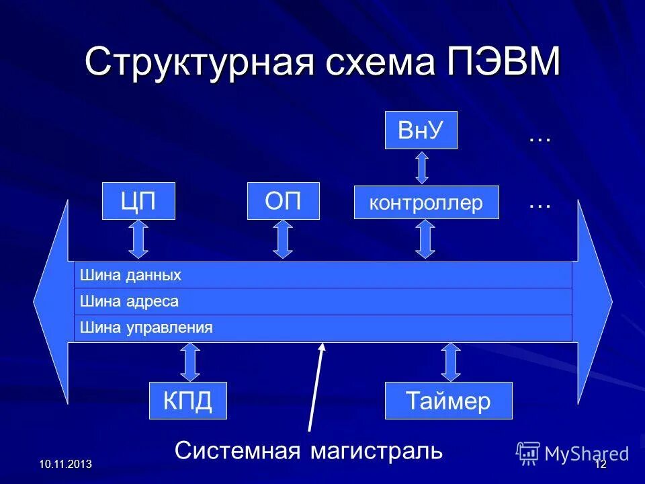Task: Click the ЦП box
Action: pyautogui.click(x=138, y=201)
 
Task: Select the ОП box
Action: pyautogui.click(x=284, y=201)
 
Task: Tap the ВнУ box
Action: pyautogui.click(x=421, y=130)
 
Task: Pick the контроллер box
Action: pyautogui.click(x=427, y=202)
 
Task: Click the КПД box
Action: pyautogui.click(x=187, y=401)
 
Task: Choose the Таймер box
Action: pyautogui.click(x=448, y=401)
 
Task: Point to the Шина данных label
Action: pyautogui.click(x=131, y=275)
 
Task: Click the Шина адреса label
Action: pyautogui.click(x=130, y=301)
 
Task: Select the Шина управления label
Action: pyautogui.click(x=146, y=328)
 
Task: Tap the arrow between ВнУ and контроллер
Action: pyautogui.click(x=421, y=167)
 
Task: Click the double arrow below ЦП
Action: pyautogui.click(x=138, y=239)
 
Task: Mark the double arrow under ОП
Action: pyautogui.click(x=284, y=239)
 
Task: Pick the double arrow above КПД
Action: pyautogui.click(x=191, y=362)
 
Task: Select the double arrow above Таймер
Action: pyautogui.click(x=451, y=362)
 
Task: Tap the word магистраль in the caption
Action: pyautogui.click(x=376, y=450)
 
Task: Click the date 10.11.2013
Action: pyautogui.click(x=65, y=465)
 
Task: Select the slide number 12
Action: pyautogui.click(x=601, y=465)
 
